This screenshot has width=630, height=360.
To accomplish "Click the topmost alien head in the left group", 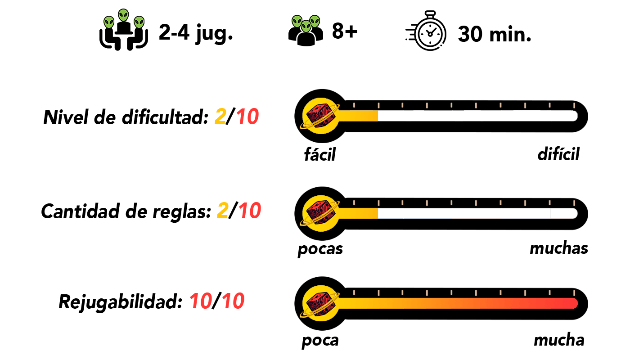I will click(x=123, y=15).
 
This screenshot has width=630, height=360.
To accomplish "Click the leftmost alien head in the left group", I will click(x=109, y=22).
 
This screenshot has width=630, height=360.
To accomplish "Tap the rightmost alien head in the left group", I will click(x=139, y=22).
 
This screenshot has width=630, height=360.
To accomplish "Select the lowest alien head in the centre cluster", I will click(x=306, y=27).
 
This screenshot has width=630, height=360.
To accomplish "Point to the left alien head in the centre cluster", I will click(x=297, y=21).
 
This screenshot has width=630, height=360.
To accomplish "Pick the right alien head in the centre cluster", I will click(x=315, y=21).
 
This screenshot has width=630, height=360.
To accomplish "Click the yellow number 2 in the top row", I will click(x=220, y=117).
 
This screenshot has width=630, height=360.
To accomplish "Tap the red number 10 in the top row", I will click(x=247, y=117).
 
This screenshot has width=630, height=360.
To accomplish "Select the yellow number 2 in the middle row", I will click(x=223, y=211).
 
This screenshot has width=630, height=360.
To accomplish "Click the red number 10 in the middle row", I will click(x=250, y=211).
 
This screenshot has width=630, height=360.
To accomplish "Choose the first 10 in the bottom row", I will click(x=201, y=301).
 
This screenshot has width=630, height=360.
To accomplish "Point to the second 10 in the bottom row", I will click(x=233, y=301).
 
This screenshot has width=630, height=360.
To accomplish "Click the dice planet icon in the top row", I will click(x=320, y=116).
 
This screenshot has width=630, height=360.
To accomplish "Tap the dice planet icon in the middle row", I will click(x=320, y=214).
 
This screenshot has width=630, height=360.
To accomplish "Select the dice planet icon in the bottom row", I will click(x=320, y=303).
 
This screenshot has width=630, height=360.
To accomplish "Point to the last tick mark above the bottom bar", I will click(x=574, y=293).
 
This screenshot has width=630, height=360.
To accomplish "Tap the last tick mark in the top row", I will click(x=574, y=105).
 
